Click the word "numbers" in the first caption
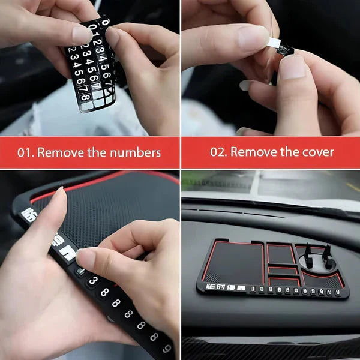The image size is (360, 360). (135, 152)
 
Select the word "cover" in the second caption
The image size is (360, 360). (317, 152)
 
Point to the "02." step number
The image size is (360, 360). (218, 152)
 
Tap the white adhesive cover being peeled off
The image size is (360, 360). (274, 43)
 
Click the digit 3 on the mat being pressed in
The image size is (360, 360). (94, 281)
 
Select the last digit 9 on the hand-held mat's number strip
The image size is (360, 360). (166, 349)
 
